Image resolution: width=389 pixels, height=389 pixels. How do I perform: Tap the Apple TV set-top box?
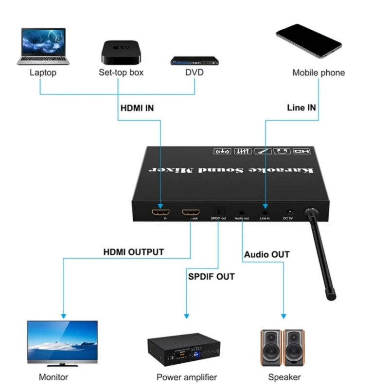pos(121,50)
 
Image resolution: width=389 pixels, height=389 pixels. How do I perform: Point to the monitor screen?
pos(62,340)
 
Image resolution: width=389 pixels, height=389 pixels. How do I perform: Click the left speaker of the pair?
pos(271,347)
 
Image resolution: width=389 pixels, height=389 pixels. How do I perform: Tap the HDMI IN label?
pos(137,108)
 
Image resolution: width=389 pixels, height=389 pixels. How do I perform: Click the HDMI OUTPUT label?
pos(133,252)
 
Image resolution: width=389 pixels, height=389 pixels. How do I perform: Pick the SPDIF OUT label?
pos(211,277)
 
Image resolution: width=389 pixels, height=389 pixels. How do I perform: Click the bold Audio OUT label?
pos(266,254)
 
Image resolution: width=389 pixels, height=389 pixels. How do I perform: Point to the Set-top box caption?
pos(121,73)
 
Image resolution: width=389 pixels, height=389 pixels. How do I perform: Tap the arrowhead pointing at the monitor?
pos(63,316)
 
